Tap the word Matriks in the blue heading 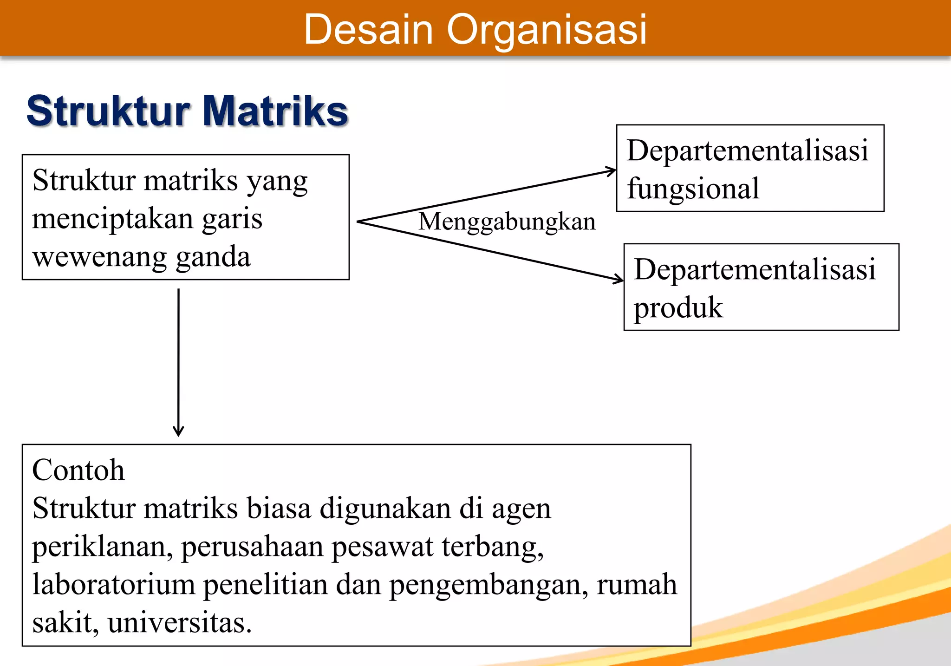pyautogui.click(x=275, y=111)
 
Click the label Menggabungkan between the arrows pyautogui.click(x=507, y=222)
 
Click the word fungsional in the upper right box pyautogui.click(x=693, y=189)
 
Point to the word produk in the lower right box pyautogui.click(x=678, y=308)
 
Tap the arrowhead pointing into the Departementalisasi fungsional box pyautogui.click(x=612, y=171)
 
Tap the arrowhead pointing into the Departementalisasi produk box pyautogui.click(x=619, y=279)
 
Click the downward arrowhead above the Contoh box pyautogui.click(x=178, y=432)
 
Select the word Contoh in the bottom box pyautogui.click(x=78, y=470)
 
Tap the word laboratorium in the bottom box pyautogui.click(x=113, y=585)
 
